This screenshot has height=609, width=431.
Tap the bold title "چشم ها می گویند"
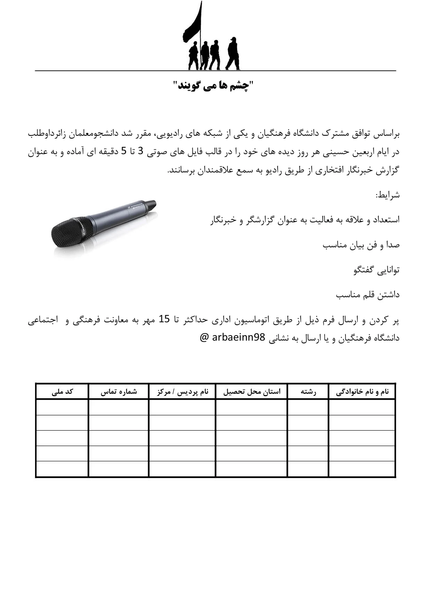click(x=214, y=85)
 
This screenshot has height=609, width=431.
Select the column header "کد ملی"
click(x=62, y=392)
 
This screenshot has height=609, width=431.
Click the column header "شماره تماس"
click(x=119, y=392)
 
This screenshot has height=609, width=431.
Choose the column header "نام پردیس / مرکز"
click(x=182, y=392)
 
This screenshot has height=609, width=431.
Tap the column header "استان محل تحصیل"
click(x=252, y=392)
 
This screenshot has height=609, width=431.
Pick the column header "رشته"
click(x=308, y=392)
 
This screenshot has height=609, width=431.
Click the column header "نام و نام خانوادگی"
click(x=362, y=392)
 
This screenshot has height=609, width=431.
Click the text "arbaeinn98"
click(x=238, y=337)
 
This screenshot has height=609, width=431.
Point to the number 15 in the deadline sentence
click(x=164, y=319)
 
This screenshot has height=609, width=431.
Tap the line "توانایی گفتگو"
click(x=376, y=270)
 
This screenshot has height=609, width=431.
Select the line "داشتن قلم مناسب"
click(x=368, y=295)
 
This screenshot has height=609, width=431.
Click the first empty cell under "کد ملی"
click(x=62, y=407)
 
